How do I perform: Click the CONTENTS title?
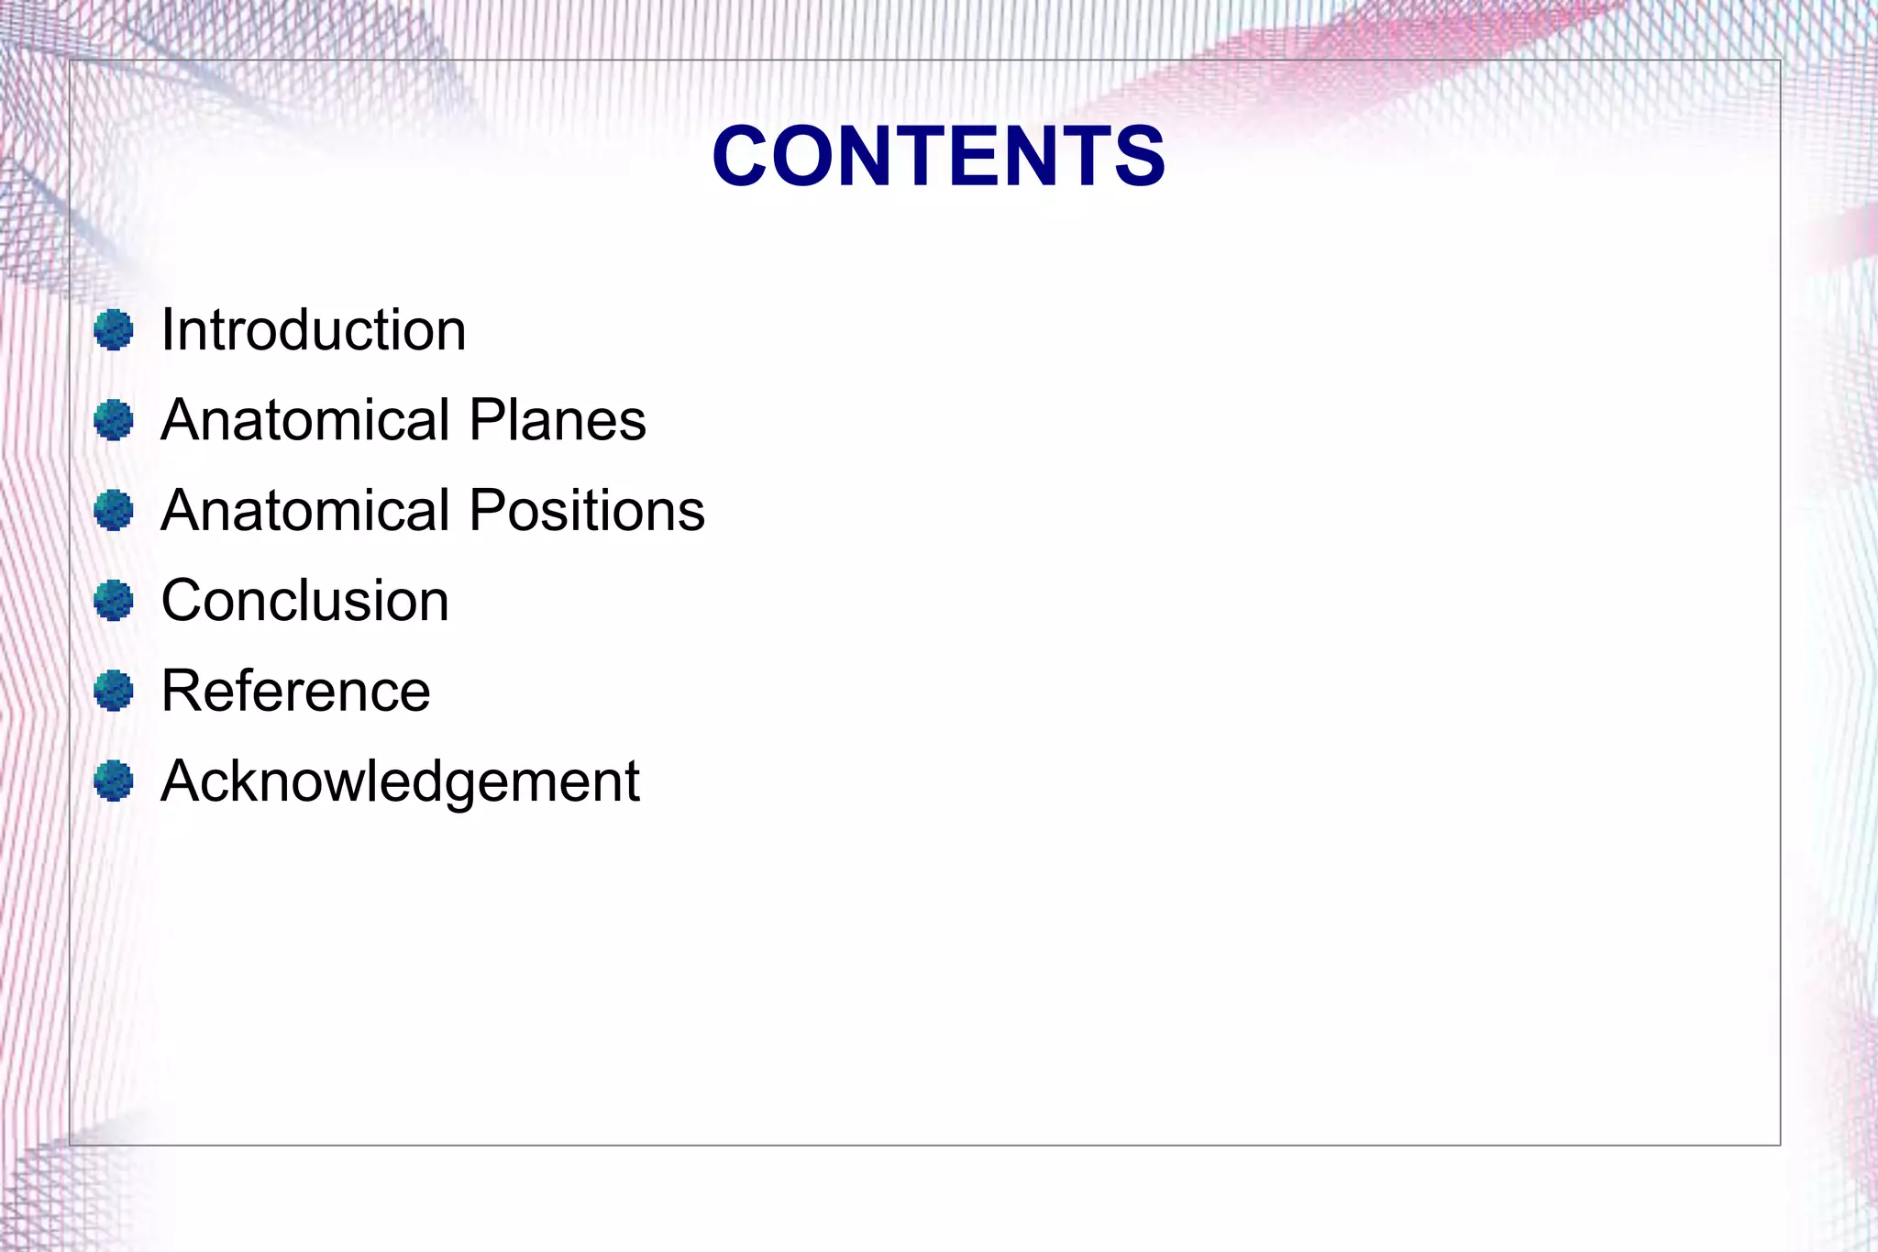(938, 156)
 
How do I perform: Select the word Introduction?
(314, 329)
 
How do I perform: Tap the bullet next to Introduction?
(114, 330)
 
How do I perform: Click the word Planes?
(558, 420)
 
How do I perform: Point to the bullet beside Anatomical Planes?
(114, 420)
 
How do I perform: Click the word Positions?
(587, 510)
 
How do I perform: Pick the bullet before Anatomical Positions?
(114, 510)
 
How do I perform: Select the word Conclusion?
(305, 601)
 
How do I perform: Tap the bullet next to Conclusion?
(114, 601)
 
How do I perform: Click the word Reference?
(295, 691)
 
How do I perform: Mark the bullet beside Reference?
(114, 691)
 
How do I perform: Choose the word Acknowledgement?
(400, 781)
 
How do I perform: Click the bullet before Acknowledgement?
(114, 781)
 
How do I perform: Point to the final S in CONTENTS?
(1137, 156)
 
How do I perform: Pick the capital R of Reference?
(182, 691)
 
